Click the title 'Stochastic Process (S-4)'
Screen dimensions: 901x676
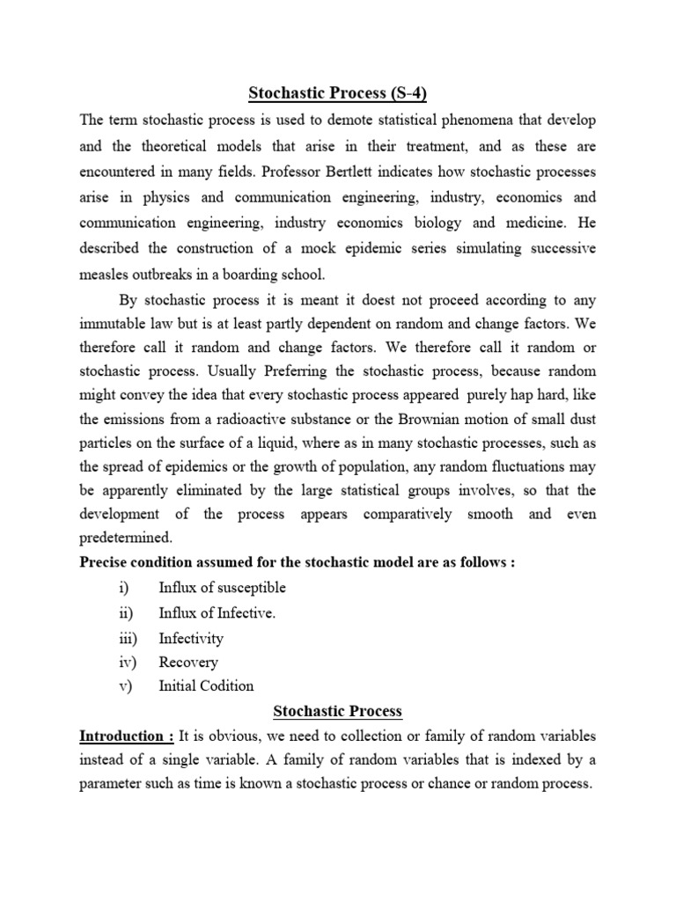click(x=337, y=92)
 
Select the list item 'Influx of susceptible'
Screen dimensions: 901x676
click(x=222, y=588)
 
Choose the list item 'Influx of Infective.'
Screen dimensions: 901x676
click(x=217, y=613)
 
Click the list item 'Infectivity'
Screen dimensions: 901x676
click(x=191, y=638)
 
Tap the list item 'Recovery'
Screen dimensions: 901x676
click(x=187, y=663)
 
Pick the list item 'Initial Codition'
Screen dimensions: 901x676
click(x=206, y=686)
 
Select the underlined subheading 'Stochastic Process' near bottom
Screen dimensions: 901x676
click(x=337, y=711)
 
